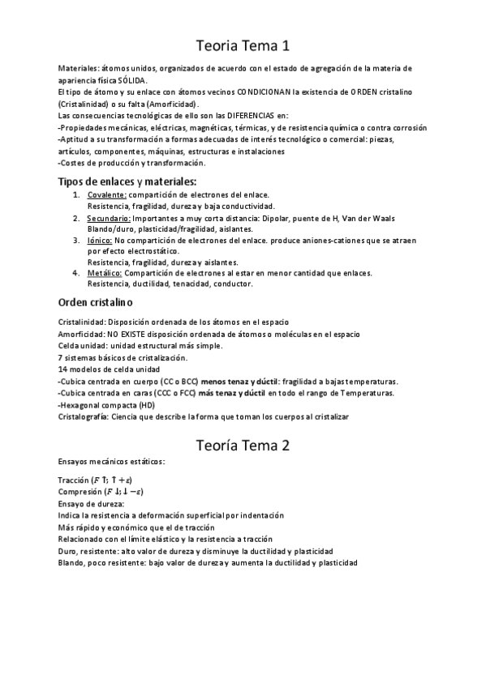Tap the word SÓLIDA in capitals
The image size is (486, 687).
coord(132,81)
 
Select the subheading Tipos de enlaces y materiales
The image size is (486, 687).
coord(127,181)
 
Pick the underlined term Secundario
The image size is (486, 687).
coord(109,218)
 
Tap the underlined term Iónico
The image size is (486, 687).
coord(100,241)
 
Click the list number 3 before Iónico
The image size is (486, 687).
coord(75,241)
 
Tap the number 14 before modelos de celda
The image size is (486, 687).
coord(64,369)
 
